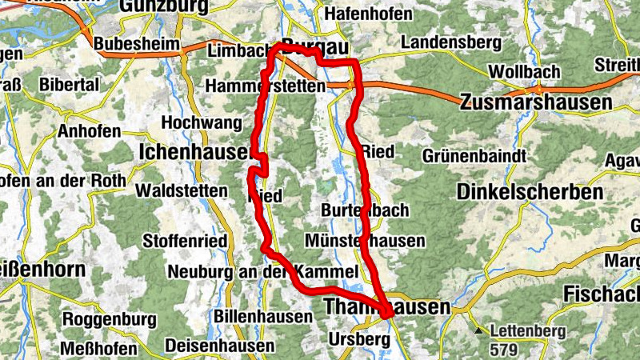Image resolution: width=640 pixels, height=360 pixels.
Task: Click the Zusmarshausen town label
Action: [536, 102]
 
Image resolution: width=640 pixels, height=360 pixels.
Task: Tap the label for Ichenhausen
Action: [195, 150]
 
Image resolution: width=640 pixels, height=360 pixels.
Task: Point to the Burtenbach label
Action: [364, 210]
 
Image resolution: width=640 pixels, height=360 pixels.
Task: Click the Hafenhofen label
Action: [370, 14]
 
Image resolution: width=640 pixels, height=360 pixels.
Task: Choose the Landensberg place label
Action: [451, 42]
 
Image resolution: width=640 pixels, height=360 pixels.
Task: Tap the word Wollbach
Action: [525, 71]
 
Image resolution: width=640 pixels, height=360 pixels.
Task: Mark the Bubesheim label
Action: [135, 44]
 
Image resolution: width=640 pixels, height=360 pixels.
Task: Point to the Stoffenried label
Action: [185, 241]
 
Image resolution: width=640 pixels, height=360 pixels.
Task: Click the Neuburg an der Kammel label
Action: [262, 272]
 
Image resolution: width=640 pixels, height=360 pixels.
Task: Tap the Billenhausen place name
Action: [263, 317]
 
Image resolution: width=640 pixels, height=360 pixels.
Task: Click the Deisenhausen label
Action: [219, 346]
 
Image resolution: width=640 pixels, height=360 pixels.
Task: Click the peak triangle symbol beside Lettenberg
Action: [478, 330]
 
